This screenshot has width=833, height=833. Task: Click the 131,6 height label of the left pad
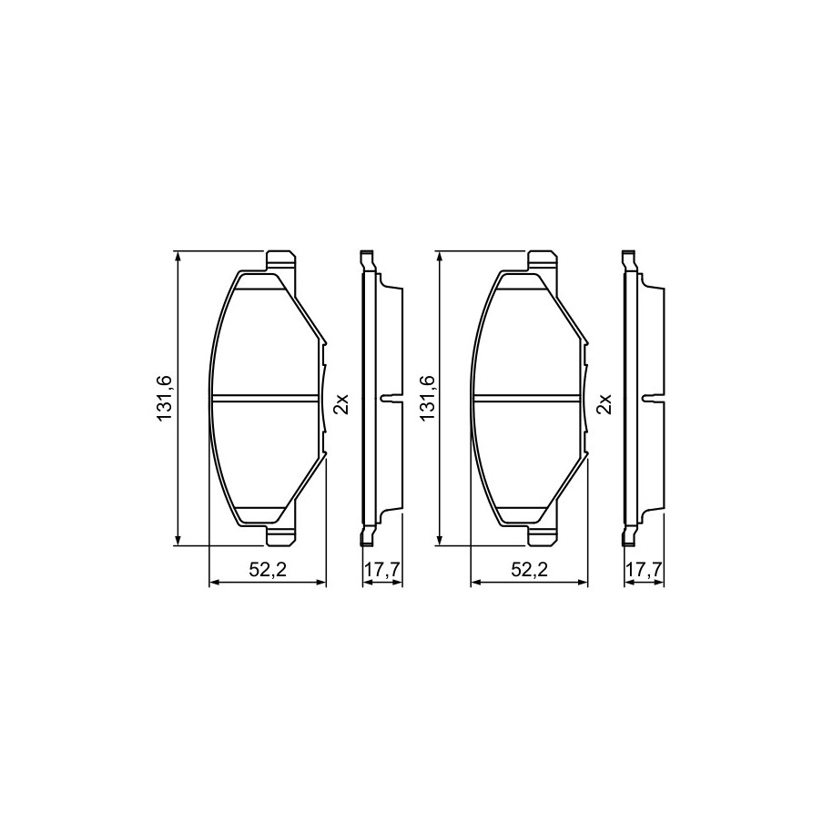click(x=164, y=398)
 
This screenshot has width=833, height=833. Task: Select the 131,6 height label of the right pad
click(x=427, y=398)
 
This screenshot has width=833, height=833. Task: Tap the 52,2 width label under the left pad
click(x=269, y=570)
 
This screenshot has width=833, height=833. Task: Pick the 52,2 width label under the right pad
click(x=530, y=570)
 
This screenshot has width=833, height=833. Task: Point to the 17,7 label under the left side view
click(x=382, y=570)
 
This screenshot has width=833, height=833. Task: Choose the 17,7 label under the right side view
click(x=644, y=570)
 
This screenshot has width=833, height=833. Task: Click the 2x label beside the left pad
click(x=340, y=403)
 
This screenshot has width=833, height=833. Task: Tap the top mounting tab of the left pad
click(x=280, y=261)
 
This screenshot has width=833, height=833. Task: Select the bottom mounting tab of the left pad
click(x=280, y=535)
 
